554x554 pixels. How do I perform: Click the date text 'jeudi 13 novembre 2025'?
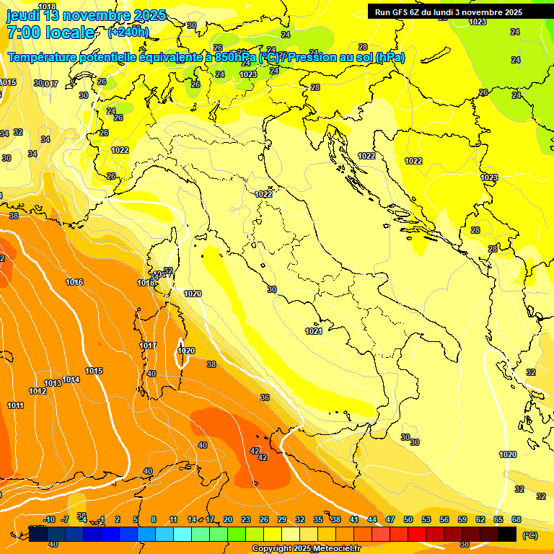pyautogui.click(x=86, y=15)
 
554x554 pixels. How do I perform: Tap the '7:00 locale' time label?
pyautogui.click(x=50, y=32)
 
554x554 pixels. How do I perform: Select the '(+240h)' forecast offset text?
pyautogui.click(x=128, y=32)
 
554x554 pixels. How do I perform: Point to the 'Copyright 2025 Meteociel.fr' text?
pyautogui.click(x=306, y=548)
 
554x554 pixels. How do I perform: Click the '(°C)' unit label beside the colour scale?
pyautogui.click(x=529, y=536)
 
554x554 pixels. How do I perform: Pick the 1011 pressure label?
pyautogui.click(x=16, y=405)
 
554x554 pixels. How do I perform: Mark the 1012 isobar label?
pyautogui.click(x=38, y=391)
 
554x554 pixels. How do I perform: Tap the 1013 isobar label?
pyautogui.click(x=53, y=383)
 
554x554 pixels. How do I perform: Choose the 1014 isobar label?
pyautogui.click(x=71, y=379)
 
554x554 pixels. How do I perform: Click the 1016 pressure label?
pyautogui.click(x=74, y=282)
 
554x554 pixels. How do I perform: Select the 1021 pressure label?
pyautogui.click(x=313, y=331)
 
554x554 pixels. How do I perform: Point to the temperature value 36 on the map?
pyautogui.click(x=265, y=397)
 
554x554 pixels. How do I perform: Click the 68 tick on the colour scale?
pyautogui.click(x=516, y=519)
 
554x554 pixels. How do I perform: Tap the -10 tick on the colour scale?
pyautogui.click(x=49, y=519)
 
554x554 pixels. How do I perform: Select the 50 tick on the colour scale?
pyautogui.click(x=408, y=519)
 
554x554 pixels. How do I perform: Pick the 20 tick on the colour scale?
pyautogui.click(x=228, y=519)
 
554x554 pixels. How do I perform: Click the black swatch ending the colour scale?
pyautogui.click(x=507, y=534)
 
